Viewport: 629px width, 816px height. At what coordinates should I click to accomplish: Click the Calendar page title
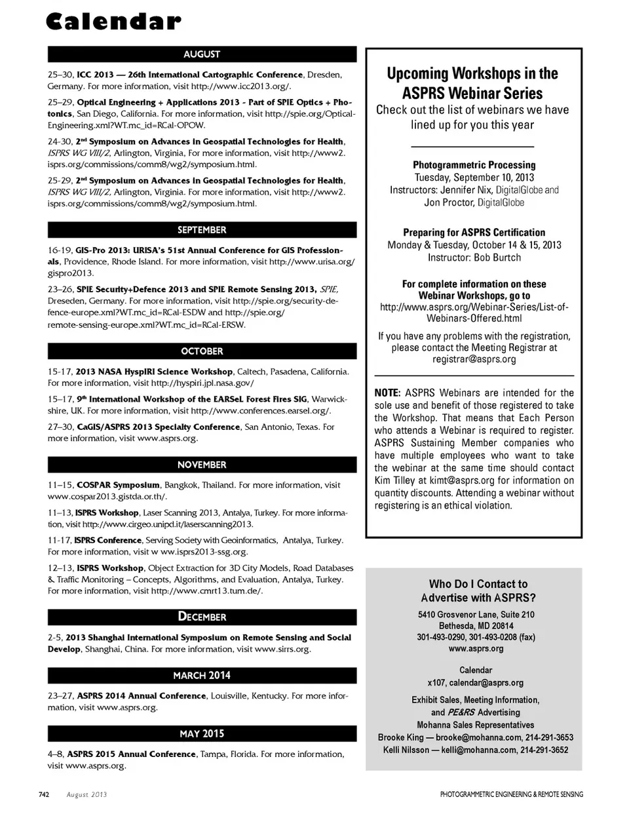[113, 22]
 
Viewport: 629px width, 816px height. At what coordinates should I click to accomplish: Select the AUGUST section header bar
[202, 54]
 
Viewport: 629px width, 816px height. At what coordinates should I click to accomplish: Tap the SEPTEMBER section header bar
[202, 230]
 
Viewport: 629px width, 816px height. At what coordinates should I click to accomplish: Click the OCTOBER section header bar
[202, 351]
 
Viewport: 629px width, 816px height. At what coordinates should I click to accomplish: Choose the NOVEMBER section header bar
[202, 465]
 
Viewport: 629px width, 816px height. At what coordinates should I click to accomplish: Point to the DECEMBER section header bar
[202, 617]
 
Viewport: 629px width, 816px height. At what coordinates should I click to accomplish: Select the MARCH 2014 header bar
[202, 675]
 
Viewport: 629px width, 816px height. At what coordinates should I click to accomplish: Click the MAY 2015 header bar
[202, 733]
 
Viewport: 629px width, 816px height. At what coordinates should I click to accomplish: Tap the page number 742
[44, 794]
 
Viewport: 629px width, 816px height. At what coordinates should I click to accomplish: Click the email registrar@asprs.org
[474, 359]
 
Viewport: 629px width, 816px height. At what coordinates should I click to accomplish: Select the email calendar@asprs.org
[486, 682]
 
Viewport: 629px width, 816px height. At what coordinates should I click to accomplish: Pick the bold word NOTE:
[387, 393]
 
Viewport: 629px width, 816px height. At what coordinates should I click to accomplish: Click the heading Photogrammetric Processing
[474, 165]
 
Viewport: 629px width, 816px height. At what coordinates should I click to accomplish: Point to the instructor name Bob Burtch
[497, 258]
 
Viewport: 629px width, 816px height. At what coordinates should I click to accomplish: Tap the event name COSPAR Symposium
[118, 485]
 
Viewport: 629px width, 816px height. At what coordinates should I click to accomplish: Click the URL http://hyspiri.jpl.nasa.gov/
[202, 383]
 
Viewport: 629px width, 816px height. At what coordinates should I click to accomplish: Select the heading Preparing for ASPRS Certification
[474, 232]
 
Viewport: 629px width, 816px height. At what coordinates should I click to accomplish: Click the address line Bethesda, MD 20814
[476, 626]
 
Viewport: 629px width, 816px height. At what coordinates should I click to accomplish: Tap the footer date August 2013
[86, 794]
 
